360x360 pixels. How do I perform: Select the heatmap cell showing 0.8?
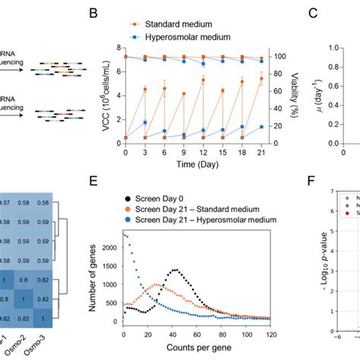(30, 298)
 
